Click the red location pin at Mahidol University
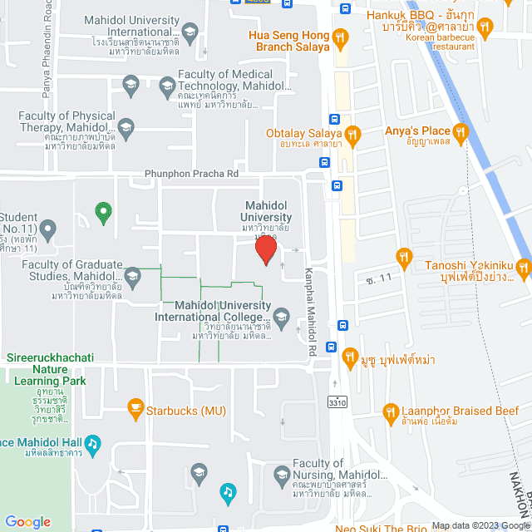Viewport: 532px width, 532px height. point(266,249)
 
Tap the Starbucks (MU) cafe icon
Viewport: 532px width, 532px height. point(134,409)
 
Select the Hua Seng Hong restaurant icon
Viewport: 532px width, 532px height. point(339,37)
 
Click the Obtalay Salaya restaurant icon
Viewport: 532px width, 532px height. point(353,133)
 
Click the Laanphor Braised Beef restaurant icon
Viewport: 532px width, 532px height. point(391,411)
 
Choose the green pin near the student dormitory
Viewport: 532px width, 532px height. point(103,213)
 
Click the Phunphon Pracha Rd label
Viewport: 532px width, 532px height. point(191,174)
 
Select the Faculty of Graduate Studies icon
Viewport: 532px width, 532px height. point(132,276)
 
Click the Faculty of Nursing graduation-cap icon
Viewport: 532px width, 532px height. point(199,474)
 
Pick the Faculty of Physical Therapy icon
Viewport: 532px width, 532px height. point(126,127)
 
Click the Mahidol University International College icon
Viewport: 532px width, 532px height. point(282,317)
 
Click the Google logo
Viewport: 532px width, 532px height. point(27,521)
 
